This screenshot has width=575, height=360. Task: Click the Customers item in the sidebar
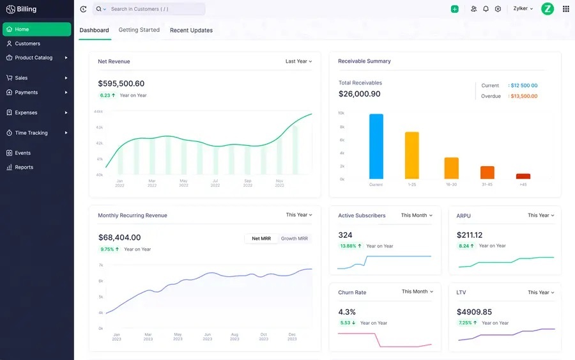(27, 43)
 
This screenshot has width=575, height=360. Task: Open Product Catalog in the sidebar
(33, 58)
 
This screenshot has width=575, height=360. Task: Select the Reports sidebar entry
(24, 167)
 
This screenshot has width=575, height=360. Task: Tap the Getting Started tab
(139, 30)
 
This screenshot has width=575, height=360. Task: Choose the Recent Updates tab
(191, 30)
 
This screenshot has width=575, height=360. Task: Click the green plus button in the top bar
(454, 9)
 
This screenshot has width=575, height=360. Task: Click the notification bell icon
(486, 9)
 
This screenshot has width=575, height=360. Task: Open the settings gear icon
(498, 9)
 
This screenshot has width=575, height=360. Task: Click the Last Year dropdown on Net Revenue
(298, 61)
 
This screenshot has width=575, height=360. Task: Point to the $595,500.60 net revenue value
(121, 83)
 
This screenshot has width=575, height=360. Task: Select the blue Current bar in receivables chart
(376, 146)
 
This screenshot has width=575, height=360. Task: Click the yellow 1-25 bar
(412, 155)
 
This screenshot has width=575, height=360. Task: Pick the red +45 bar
(523, 176)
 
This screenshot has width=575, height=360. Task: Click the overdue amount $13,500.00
(524, 96)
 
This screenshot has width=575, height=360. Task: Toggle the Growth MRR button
(295, 239)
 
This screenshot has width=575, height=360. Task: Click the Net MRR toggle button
(261, 239)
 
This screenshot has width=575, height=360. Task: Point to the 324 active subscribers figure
(345, 235)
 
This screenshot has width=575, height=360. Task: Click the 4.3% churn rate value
(347, 311)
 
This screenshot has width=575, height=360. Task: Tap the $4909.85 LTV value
(474, 311)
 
